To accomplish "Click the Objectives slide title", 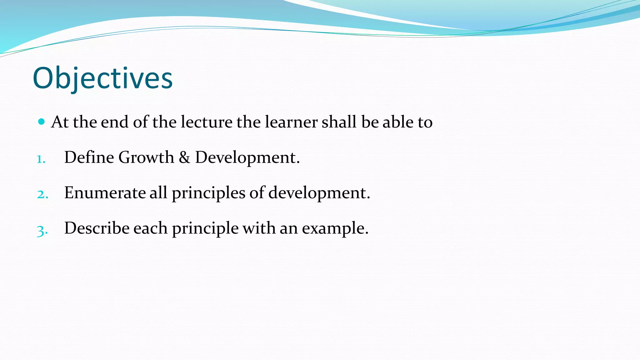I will click(102, 78).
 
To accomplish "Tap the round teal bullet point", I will click(41, 122).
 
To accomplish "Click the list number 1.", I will click(41, 159).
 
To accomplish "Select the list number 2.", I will click(42, 194).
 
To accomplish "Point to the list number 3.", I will click(42, 231).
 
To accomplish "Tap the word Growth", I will click(146, 157).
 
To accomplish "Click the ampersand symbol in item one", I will click(184, 157).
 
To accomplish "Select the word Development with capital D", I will click(247, 157).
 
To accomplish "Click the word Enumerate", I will click(105, 192).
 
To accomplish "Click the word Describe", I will click(97, 228).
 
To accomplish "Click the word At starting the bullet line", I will click(60, 122).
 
